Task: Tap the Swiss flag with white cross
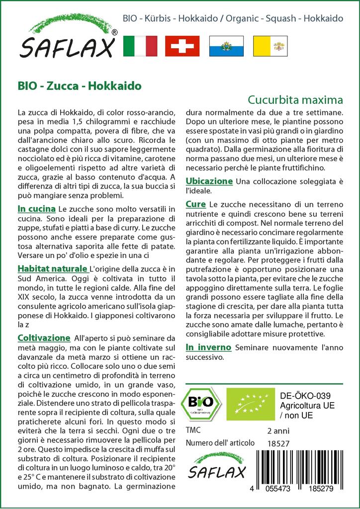tap(182, 46)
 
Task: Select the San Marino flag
tap(226, 46)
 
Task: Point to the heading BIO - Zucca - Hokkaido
tap(79, 85)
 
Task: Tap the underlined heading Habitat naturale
tap(53, 269)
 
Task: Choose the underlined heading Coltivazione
tap(44, 338)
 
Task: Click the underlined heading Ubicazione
tap(209, 181)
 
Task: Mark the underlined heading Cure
tap(196, 204)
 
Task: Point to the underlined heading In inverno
tap(208, 347)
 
